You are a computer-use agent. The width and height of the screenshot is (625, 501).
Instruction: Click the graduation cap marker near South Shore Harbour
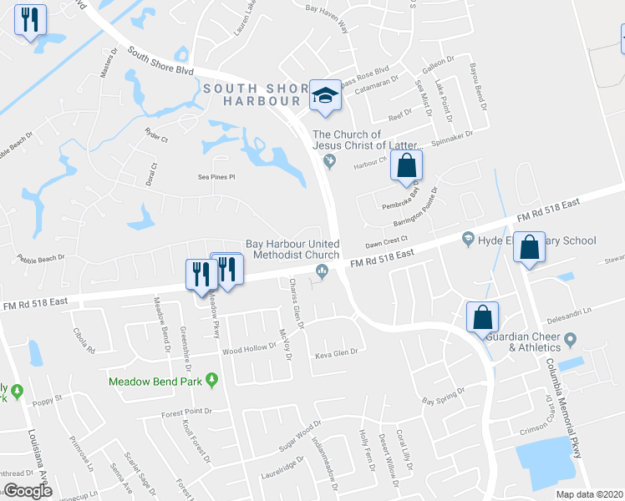(x=323, y=95)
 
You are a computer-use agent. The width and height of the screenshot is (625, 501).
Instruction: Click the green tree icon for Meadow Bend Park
(x=212, y=381)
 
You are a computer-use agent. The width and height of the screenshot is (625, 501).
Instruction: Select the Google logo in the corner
(x=28, y=491)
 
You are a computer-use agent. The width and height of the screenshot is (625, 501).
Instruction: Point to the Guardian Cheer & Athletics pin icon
(x=571, y=340)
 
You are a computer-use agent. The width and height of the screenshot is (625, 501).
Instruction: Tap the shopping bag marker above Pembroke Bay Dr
(x=406, y=166)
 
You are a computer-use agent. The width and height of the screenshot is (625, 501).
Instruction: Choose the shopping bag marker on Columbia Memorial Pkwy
(x=530, y=247)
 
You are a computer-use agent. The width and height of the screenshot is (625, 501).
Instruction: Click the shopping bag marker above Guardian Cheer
(x=483, y=317)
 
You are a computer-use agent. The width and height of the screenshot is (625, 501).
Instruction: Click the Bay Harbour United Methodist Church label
(x=292, y=250)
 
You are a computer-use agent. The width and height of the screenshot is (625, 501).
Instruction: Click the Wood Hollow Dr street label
(x=248, y=352)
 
